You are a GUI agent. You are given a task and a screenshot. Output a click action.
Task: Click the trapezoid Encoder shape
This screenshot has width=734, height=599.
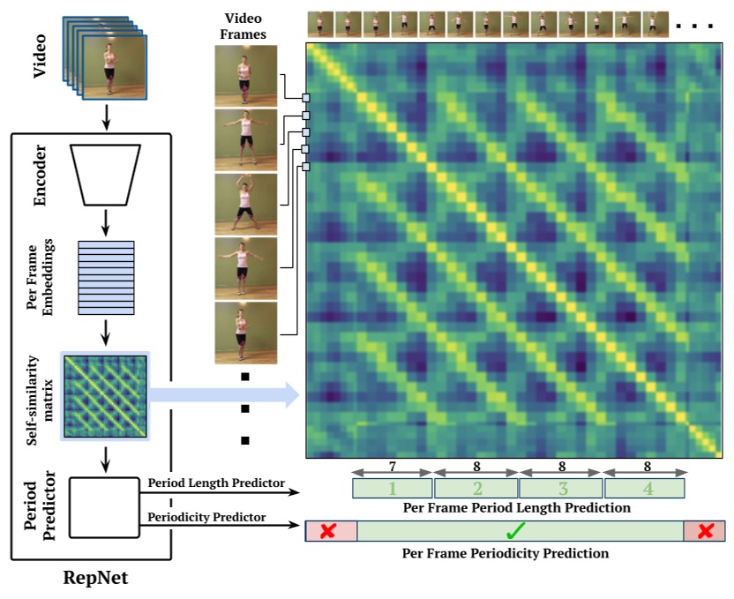pos(106,173)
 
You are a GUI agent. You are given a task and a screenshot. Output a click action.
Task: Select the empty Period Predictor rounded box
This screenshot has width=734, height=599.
pos(106,507)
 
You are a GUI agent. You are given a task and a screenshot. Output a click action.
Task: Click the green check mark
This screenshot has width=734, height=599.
pos(517,530)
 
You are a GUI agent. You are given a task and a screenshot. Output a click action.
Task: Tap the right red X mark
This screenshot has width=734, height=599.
pos(705,530)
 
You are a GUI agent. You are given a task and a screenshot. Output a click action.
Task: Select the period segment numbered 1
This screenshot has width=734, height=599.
pos(392,488)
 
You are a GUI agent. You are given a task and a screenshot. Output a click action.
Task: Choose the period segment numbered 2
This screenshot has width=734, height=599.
pos(476,488)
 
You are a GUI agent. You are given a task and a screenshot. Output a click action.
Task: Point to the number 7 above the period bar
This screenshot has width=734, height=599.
pos(392,465)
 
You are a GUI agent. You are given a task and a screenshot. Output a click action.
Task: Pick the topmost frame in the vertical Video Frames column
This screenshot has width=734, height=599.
pos(246,74)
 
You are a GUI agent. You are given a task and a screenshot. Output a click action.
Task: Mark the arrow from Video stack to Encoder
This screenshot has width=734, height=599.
pos(106,115)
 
